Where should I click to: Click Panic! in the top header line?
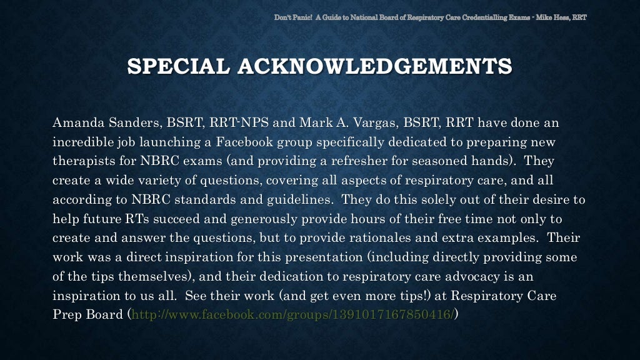[x=299, y=16]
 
